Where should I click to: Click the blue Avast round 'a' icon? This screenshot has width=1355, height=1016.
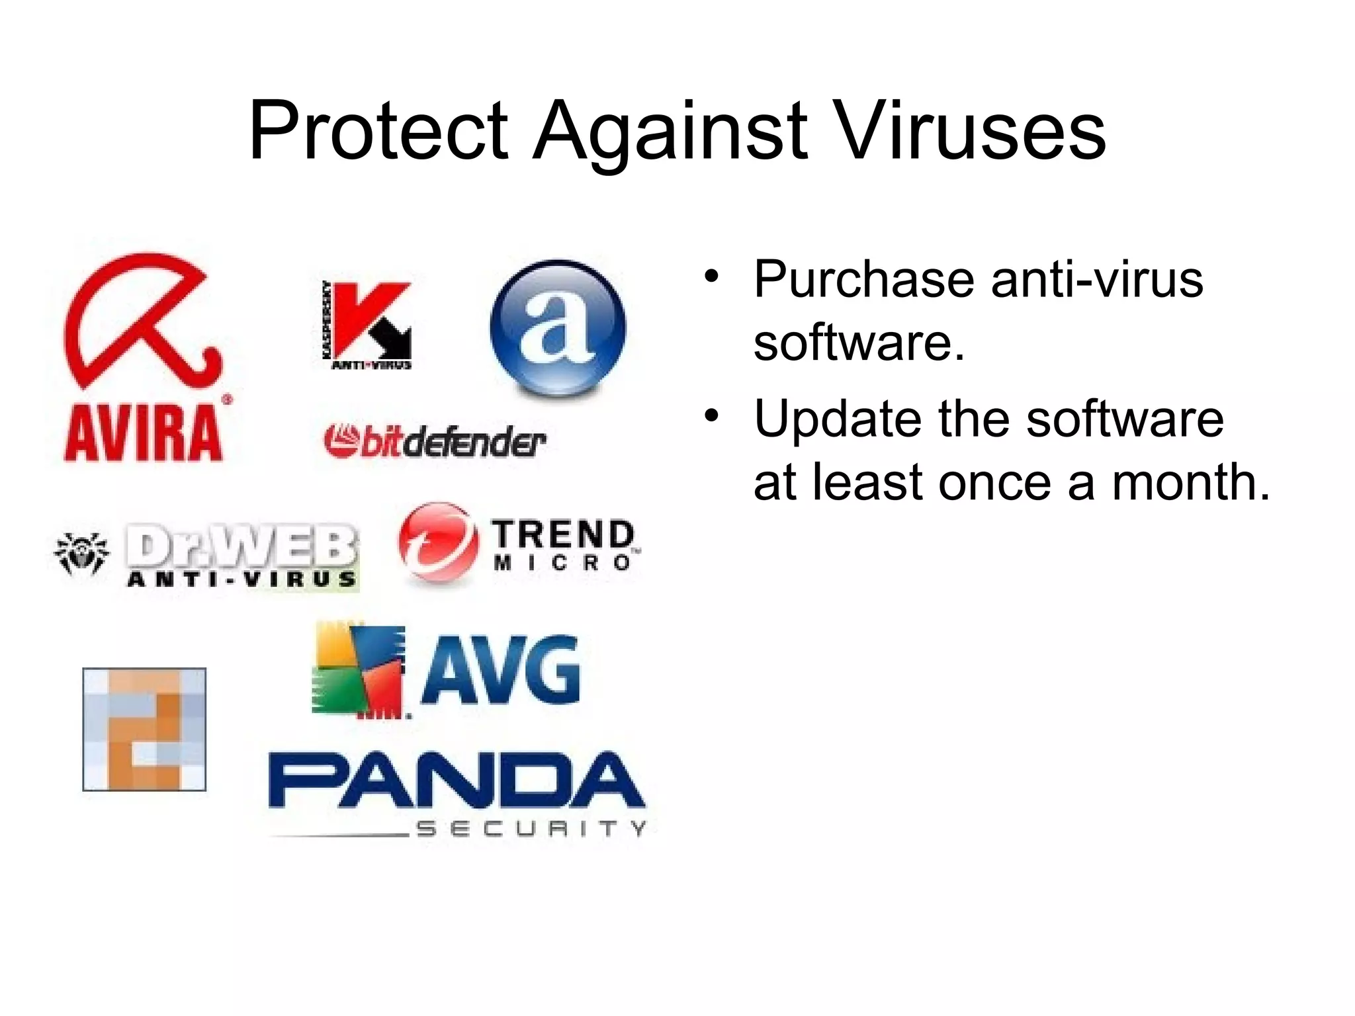[558, 327]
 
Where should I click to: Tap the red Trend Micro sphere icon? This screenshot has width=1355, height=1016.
[437, 542]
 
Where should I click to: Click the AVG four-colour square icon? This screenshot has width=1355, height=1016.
[358, 669]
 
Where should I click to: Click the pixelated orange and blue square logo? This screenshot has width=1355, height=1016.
[144, 729]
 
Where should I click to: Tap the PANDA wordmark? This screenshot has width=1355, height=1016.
[456, 781]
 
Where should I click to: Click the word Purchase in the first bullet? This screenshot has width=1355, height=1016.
[863, 280]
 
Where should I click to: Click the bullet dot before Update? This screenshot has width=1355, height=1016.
[711, 416]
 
